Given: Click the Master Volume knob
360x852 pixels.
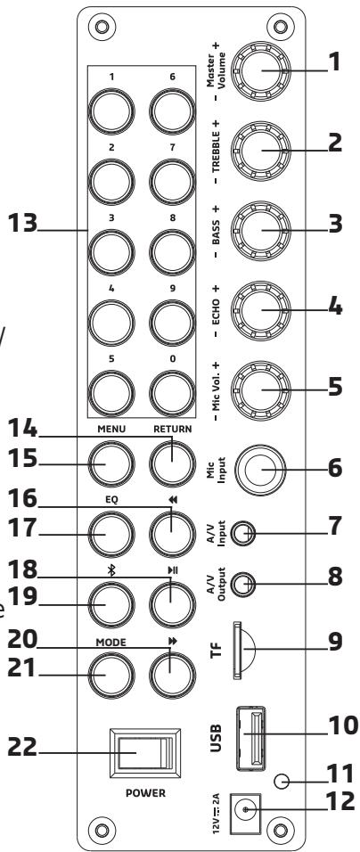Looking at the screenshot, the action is (x=261, y=70).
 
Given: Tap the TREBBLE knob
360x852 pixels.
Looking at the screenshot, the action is (x=261, y=151).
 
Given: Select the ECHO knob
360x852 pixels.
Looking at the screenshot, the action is (x=261, y=310).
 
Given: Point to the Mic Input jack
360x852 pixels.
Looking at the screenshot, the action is (x=260, y=470).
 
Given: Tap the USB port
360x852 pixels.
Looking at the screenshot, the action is (x=250, y=738).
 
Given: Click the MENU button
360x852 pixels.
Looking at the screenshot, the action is (x=111, y=463).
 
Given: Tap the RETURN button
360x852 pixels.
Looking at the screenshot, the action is (x=172, y=463).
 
